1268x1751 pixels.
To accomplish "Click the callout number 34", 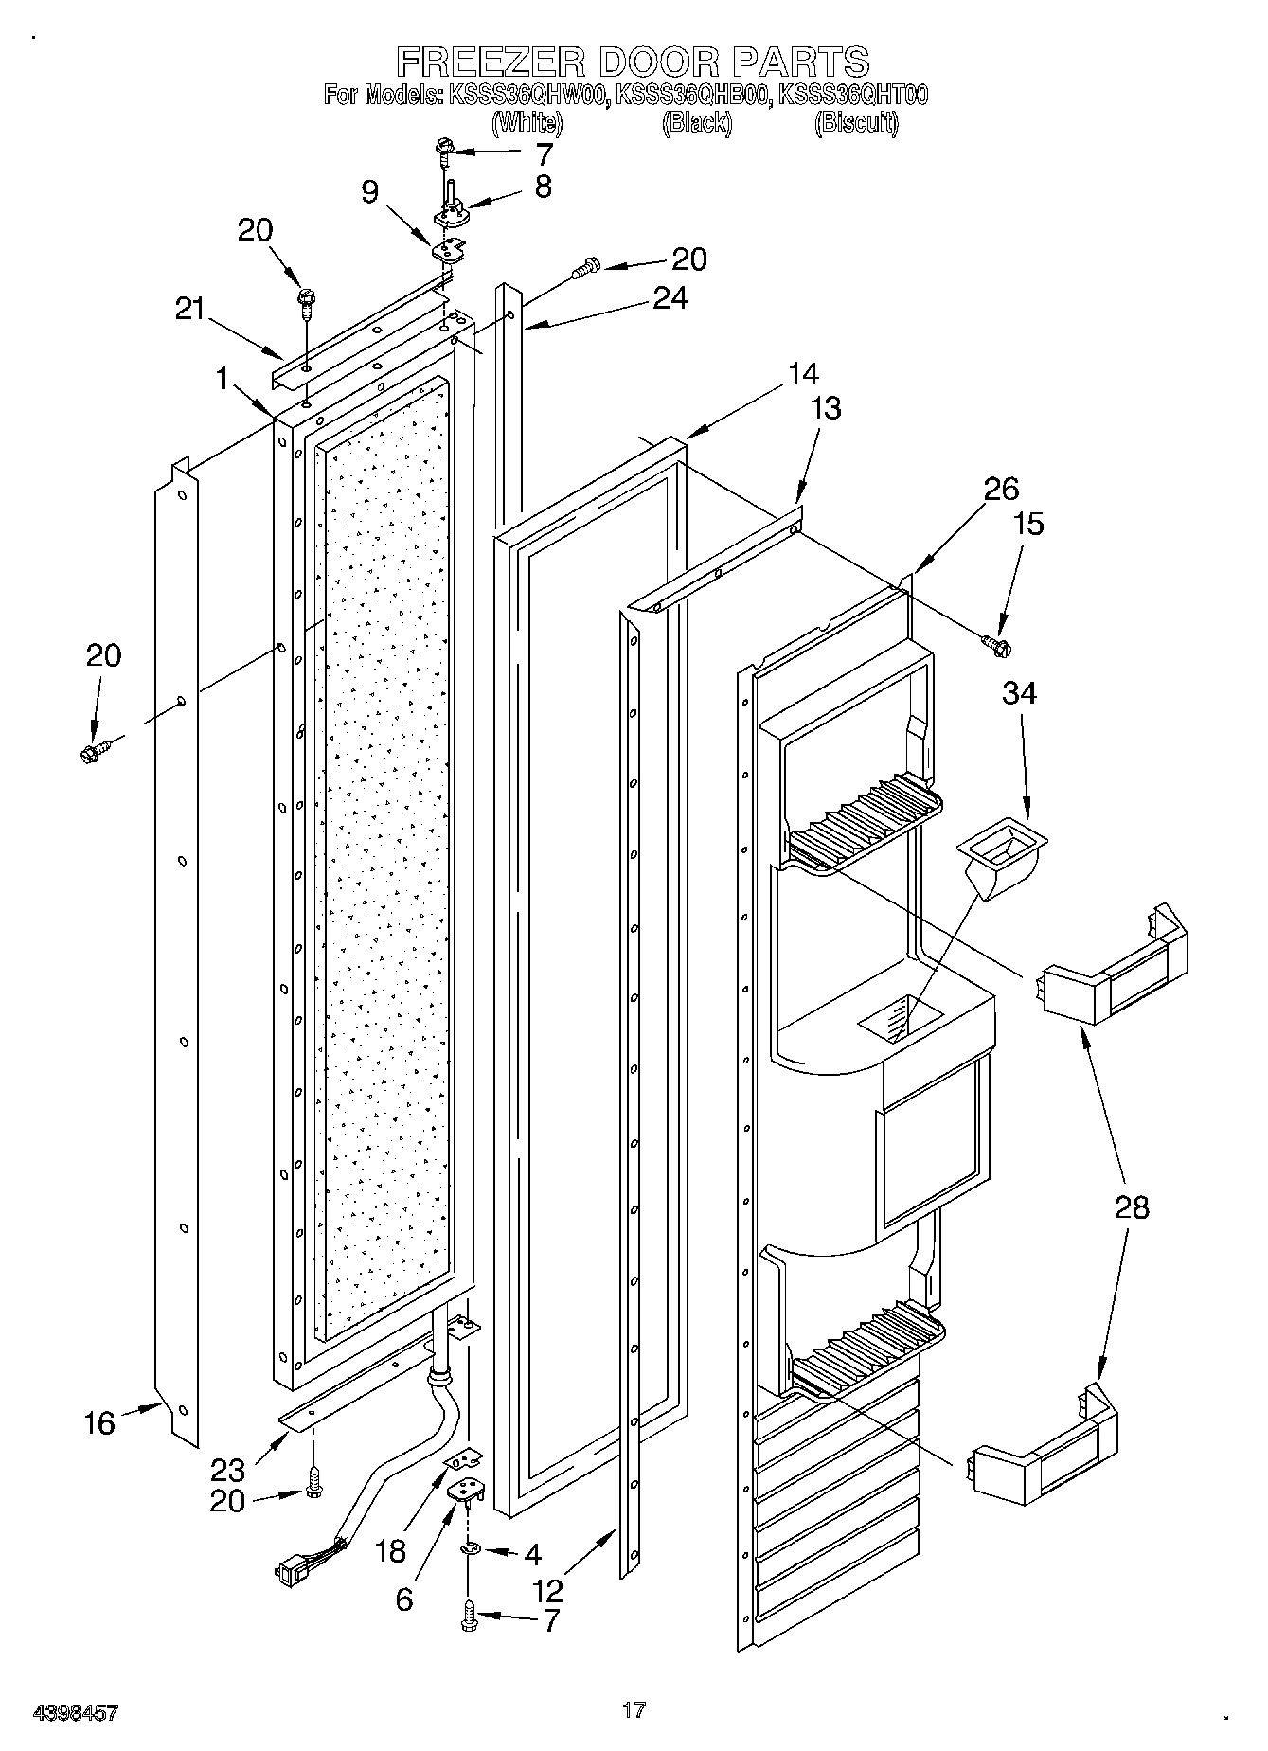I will tap(1019, 693).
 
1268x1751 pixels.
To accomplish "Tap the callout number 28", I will tap(1132, 1207).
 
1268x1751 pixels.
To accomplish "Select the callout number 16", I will tap(99, 1422).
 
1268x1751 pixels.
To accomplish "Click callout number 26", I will tap(1001, 489).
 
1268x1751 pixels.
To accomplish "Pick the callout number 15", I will tap(1028, 524).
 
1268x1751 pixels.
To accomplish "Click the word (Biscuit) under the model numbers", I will tap(857, 122).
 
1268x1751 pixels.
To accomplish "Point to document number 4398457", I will tap(76, 1711).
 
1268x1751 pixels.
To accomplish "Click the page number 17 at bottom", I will tap(634, 1709).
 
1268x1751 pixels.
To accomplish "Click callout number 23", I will tap(228, 1470).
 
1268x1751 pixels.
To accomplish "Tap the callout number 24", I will tap(670, 298).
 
